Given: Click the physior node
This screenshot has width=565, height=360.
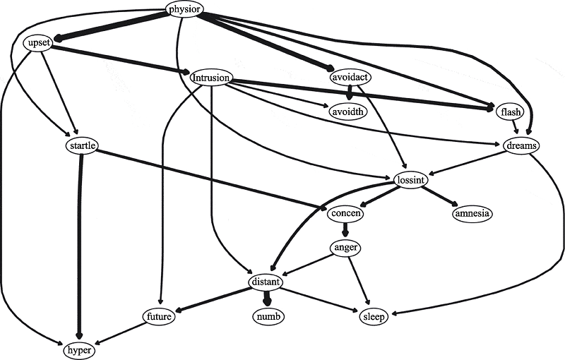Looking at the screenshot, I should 184,9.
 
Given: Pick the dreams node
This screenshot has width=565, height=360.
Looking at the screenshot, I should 523,146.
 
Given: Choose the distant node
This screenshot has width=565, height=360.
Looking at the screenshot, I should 266,282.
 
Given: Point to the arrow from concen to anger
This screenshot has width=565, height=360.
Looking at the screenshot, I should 346,231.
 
